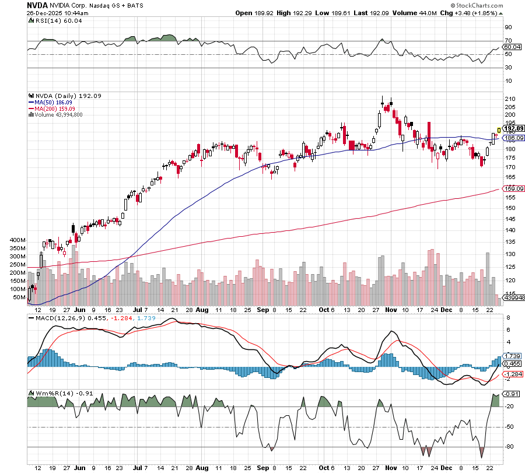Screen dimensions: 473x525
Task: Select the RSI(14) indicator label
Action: point(48,20)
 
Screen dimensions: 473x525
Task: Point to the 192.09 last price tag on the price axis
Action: point(514,128)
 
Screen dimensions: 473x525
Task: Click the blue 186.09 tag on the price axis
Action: point(513,138)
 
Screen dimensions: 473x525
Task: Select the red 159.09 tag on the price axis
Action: point(513,188)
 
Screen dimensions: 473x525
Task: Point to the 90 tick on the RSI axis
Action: point(509,27)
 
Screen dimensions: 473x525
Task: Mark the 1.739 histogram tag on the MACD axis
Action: point(512,356)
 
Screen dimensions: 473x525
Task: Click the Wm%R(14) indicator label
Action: point(48,394)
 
